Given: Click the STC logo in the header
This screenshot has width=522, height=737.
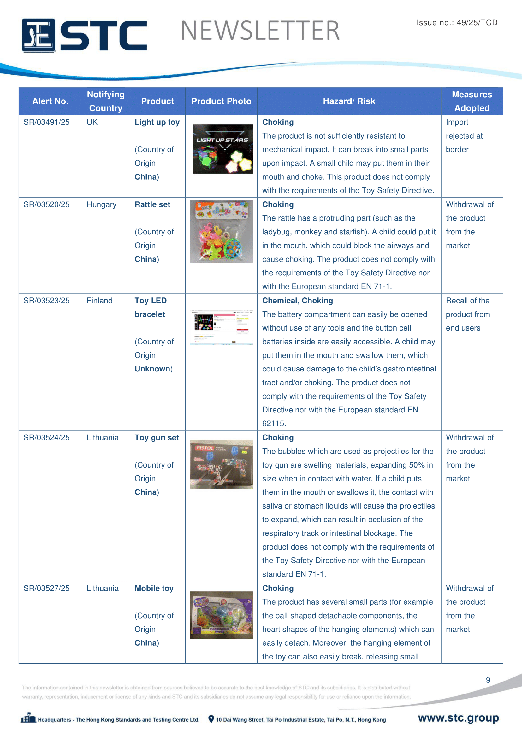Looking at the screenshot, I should point(84,35).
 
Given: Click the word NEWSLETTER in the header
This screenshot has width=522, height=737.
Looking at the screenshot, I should point(260,31).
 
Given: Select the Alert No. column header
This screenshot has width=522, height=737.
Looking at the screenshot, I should point(50,101).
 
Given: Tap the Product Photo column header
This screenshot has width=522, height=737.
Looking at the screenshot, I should point(221,101).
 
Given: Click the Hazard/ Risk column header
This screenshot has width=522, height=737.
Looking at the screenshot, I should point(349,101).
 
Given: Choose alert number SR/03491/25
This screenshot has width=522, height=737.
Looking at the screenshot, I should point(47,122).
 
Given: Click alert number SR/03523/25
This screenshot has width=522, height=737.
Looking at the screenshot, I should point(47,301).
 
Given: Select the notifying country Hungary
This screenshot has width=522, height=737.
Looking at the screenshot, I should point(102,205).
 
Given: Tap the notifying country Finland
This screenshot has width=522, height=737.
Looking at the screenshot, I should point(100,301).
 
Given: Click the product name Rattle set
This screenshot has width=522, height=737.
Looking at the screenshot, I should point(152,205).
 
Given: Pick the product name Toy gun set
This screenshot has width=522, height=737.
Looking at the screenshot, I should point(157,438).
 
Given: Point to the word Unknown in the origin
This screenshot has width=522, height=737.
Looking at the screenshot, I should point(152,369).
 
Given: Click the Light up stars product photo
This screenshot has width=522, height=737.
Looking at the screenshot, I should point(223,149).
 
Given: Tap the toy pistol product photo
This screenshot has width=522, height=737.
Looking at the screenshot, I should point(222,464).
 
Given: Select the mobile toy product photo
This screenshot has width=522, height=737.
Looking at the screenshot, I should point(222,615).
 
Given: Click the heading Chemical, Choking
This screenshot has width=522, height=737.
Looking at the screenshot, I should point(297,301).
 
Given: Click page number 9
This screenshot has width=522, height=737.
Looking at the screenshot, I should point(488,680).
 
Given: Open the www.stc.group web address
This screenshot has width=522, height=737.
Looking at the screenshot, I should point(458,718).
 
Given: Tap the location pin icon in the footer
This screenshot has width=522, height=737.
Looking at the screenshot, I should point(211,719).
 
